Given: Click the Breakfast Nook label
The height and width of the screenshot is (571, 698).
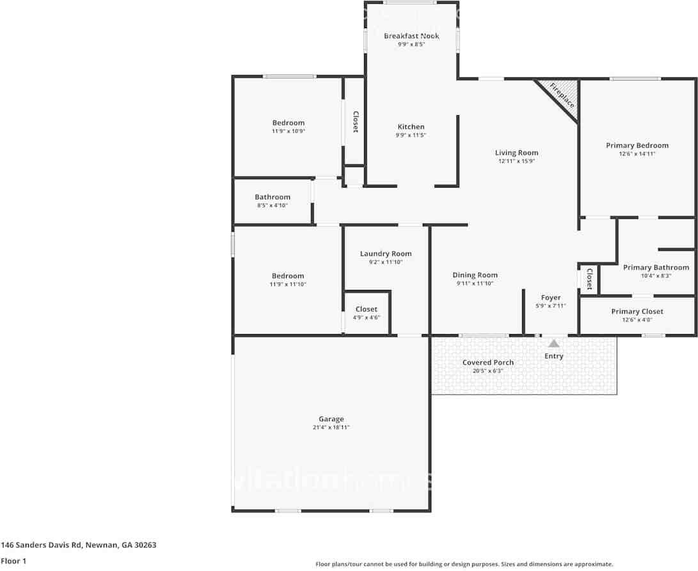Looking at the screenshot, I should (411, 36).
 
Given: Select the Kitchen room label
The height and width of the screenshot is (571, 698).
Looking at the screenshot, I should (411, 127).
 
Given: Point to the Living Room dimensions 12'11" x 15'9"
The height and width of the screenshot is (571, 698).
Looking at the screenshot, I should (516, 161).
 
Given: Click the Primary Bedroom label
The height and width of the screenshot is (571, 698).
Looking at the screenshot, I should (637, 145).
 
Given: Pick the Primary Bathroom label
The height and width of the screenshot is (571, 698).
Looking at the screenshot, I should (656, 268).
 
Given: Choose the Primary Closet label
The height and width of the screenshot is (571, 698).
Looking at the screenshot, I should (637, 312).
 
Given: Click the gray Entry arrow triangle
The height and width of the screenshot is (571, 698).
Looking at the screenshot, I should (553, 344).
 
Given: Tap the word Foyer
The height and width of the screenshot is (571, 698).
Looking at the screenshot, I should (551, 298).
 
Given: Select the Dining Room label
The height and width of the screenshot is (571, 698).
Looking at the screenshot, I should (475, 275).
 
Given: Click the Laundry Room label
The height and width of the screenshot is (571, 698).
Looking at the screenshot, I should (386, 253).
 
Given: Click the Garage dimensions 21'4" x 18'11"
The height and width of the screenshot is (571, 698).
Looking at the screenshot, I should (331, 428).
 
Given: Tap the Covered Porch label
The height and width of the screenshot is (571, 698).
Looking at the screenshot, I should (488, 362).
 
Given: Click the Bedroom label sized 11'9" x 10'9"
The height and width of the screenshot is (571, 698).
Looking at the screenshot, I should (289, 123).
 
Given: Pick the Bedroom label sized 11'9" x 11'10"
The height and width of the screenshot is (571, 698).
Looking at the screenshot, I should (288, 276).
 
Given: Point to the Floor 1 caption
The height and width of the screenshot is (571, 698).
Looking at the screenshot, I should (13, 561).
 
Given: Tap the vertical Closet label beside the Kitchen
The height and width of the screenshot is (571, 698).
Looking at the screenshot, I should (356, 122).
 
